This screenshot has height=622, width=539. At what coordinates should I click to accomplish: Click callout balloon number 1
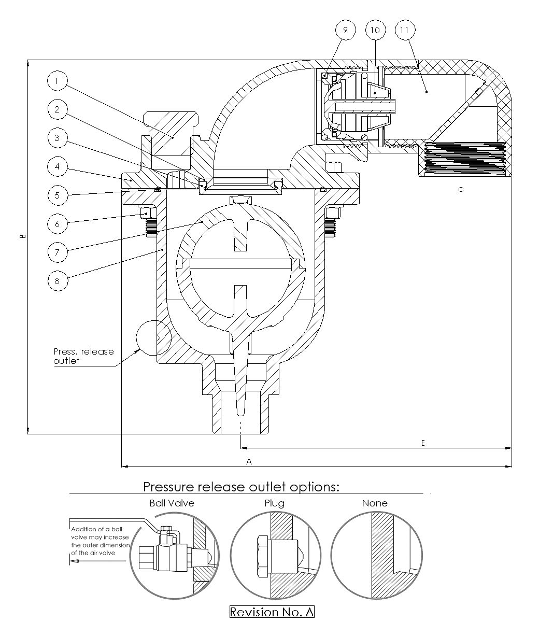point(56,80)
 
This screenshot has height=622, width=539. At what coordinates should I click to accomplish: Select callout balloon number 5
point(56,195)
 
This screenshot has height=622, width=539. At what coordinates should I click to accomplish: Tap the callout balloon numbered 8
point(56,281)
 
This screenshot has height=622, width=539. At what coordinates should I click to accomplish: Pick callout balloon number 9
point(345,30)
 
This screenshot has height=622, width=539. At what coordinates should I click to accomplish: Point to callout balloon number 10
point(375,30)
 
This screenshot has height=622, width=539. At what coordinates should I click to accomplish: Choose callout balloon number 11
point(404,30)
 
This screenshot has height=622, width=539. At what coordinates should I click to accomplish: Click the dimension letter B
point(22,236)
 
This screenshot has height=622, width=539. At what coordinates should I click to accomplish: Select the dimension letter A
point(249,461)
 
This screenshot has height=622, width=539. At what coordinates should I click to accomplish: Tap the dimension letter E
point(423,443)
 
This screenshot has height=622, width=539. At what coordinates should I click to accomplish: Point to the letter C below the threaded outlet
point(461,190)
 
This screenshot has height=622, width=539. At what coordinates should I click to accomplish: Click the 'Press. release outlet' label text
point(83,356)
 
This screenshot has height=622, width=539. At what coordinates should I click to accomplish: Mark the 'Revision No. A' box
point(272,612)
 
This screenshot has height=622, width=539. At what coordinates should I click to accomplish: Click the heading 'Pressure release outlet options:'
point(241,487)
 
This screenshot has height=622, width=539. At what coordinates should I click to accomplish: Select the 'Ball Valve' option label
point(172,503)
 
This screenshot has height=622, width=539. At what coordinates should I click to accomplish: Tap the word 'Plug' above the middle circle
point(274,503)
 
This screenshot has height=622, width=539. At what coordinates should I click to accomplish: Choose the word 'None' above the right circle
point(374,503)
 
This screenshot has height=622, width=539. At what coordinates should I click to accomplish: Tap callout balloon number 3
point(56,138)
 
